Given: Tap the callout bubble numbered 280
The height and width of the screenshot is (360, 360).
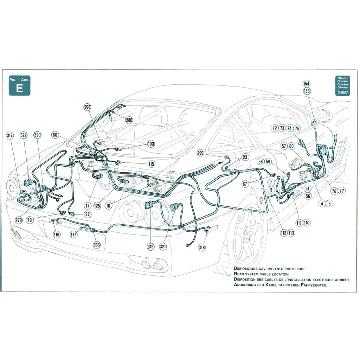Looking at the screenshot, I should [x=129, y=120].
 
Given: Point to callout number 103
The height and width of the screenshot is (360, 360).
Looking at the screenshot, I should [x=151, y=144].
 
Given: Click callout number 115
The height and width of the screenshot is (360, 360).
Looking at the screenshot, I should [x=151, y=164].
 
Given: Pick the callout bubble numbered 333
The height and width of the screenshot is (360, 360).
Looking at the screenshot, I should [x=96, y=245].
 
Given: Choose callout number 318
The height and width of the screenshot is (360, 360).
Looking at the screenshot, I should [x=201, y=247].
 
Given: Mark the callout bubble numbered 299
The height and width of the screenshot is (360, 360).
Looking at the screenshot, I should [x=200, y=153].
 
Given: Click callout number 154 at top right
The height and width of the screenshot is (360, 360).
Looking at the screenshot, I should [x=307, y=84].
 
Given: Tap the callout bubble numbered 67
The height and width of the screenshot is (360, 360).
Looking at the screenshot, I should [x=245, y=184].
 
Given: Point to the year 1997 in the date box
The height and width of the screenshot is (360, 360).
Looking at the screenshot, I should [x=342, y=92].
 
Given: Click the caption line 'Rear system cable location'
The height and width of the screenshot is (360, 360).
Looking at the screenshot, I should [x=261, y=274].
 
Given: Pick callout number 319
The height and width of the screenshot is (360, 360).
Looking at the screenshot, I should [x=150, y=247].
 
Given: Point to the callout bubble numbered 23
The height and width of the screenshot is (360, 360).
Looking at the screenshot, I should [x=245, y=157].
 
